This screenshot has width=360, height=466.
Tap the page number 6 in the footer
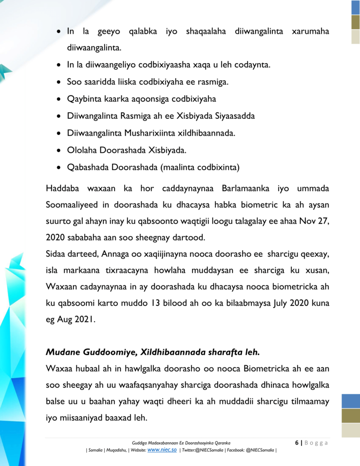pyautogui.click(x=297, y=443)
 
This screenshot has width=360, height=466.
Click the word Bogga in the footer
pyautogui.click(x=316, y=443)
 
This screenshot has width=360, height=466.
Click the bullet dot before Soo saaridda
pyautogui.click(x=59, y=82)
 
